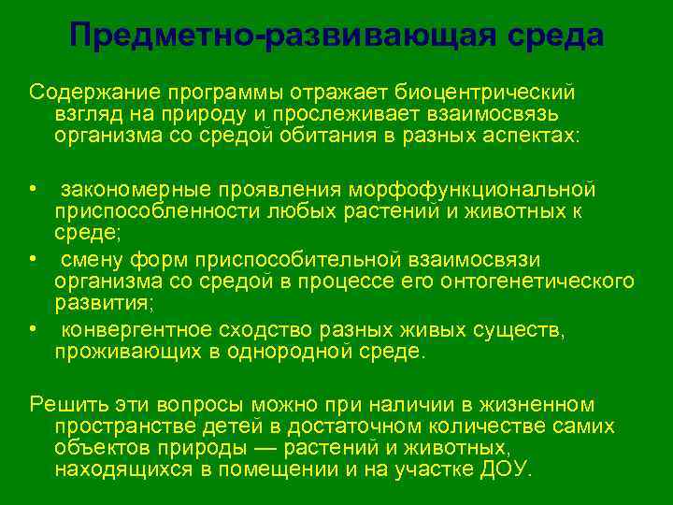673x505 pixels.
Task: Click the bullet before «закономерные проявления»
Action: click(x=33, y=189)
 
